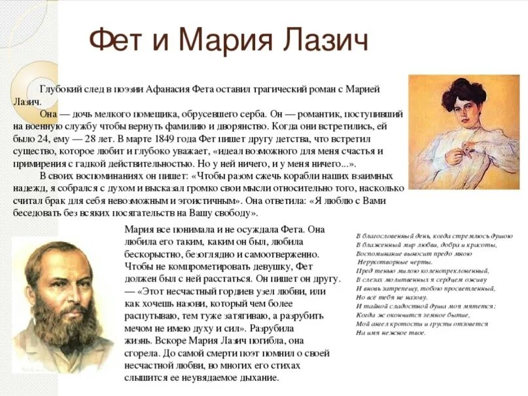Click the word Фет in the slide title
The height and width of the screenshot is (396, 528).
coord(121,40)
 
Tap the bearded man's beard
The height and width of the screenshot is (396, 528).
coord(59,328)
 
